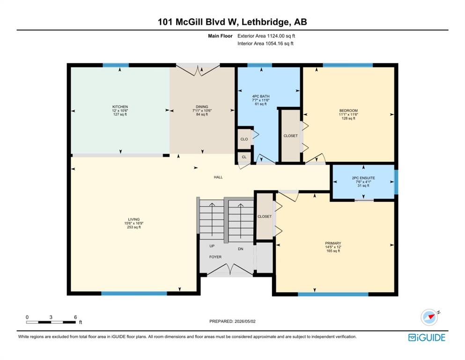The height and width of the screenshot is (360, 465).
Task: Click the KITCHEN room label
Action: [120, 107]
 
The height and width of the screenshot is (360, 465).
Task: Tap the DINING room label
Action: [202, 107]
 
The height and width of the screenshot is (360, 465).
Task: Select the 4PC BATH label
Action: [261, 97]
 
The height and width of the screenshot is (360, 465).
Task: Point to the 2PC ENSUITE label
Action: [363, 178]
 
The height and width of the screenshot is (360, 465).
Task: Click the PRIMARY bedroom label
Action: [333, 243]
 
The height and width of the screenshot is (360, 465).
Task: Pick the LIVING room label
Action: [134, 220]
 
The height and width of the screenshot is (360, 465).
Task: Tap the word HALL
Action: [218, 177]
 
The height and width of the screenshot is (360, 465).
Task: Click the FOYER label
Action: [215, 257]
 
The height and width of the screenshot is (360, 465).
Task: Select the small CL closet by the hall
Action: [244, 157]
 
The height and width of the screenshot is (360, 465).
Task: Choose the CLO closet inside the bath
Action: [244, 139]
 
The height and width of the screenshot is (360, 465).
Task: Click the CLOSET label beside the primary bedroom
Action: [265, 217]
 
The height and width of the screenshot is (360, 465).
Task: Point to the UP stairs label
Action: [212, 246]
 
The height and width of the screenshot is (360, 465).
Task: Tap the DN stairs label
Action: [241, 249]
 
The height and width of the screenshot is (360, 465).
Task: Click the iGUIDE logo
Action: [427, 338]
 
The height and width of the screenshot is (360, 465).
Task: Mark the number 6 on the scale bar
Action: [75, 317]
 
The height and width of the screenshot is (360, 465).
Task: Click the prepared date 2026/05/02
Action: [245, 322]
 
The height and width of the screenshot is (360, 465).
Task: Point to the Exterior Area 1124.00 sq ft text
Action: [266, 36]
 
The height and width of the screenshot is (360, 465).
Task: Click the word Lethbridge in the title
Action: [265, 22]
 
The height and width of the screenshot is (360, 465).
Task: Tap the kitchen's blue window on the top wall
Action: [116, 65]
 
